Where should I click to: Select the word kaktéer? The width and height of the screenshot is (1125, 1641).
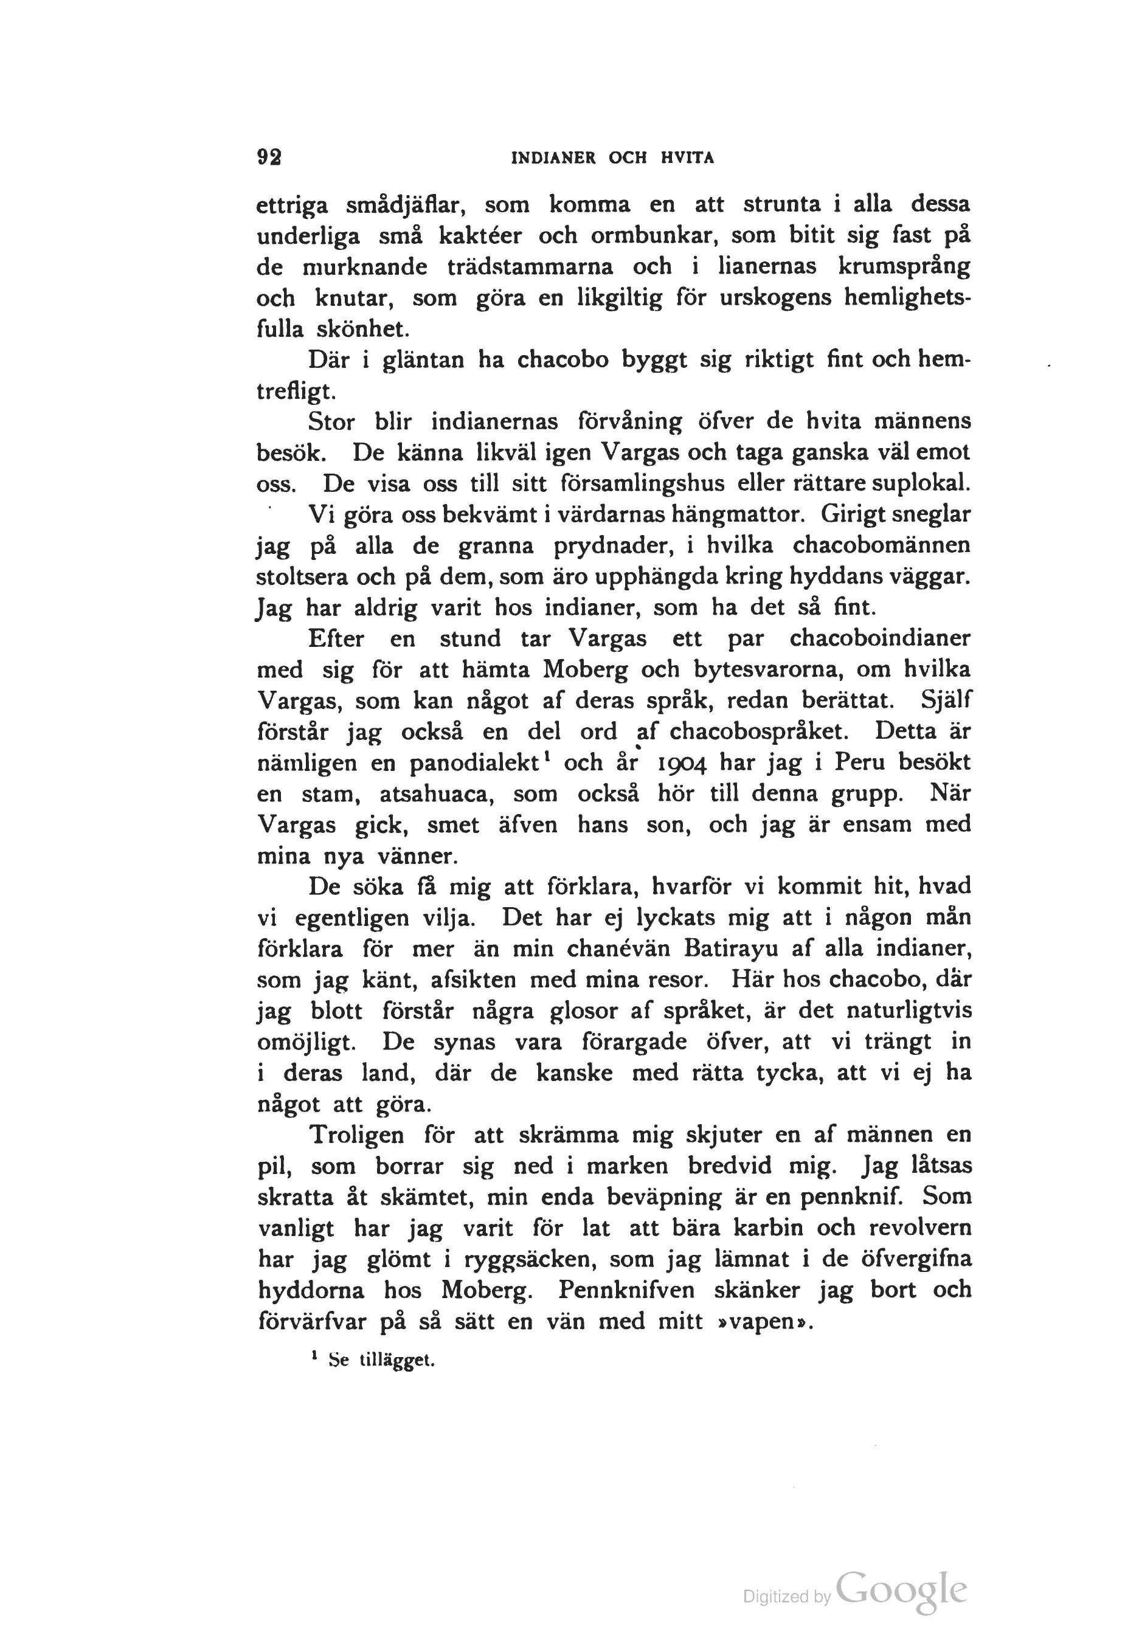(480, 236)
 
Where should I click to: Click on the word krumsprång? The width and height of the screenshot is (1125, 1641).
(903, 268)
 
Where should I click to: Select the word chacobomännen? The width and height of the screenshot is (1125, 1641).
(881, 546)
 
